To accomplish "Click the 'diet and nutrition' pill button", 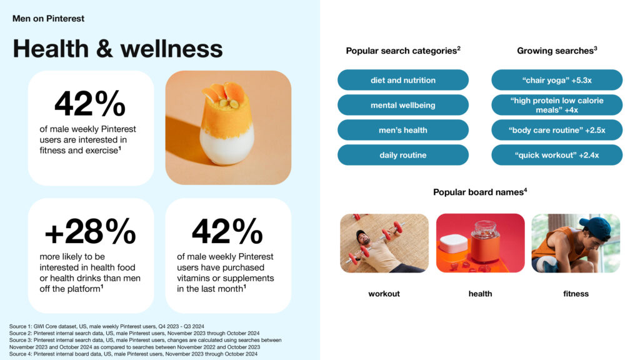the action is [x=403, y=80].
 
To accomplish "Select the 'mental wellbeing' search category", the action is [x=403, y=105].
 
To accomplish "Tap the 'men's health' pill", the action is [x=403, y=130].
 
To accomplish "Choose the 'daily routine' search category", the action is [x=403, y=155].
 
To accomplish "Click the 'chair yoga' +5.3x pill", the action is [x=557, y=80].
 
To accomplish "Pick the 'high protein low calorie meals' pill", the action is [x=557, y=105].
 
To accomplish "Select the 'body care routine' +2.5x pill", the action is [x=557, y=130].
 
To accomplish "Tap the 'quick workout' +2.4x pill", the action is [x=557, y=155].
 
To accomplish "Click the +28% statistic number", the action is [x=90, y=231].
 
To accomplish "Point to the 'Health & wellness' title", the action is [x=118, y=49].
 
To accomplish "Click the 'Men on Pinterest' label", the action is [x=48, y=18].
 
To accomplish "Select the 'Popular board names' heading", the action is [x=480, y=192].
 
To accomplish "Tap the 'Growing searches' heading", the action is [x=557, y=51].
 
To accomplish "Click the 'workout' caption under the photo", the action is [x=384, y=294].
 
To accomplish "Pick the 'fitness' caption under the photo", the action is [x=576, y=294].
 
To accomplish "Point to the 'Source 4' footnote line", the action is [x=134, y=354].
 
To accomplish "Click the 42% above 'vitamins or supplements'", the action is [x=227, y=231].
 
